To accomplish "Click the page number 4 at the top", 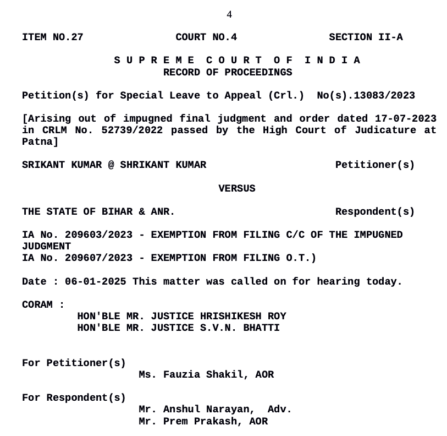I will [x=229, y=14].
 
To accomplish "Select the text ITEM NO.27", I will [x=52, y=37].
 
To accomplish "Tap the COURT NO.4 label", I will [x=206, y=37].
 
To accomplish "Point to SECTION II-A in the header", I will [x=366, y=37].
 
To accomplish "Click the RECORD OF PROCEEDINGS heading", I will [x=228, y=72].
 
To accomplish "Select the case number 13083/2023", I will [x=384, y=96].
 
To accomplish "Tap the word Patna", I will [x=38, y=142].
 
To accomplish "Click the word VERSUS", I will [x=237, y=189].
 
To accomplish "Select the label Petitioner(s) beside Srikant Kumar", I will [x=375, y=165].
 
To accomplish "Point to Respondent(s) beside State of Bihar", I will [x=375, y=212].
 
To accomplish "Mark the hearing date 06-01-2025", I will [x=95, y=282].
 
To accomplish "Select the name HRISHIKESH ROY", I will [x=243, y=317].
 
